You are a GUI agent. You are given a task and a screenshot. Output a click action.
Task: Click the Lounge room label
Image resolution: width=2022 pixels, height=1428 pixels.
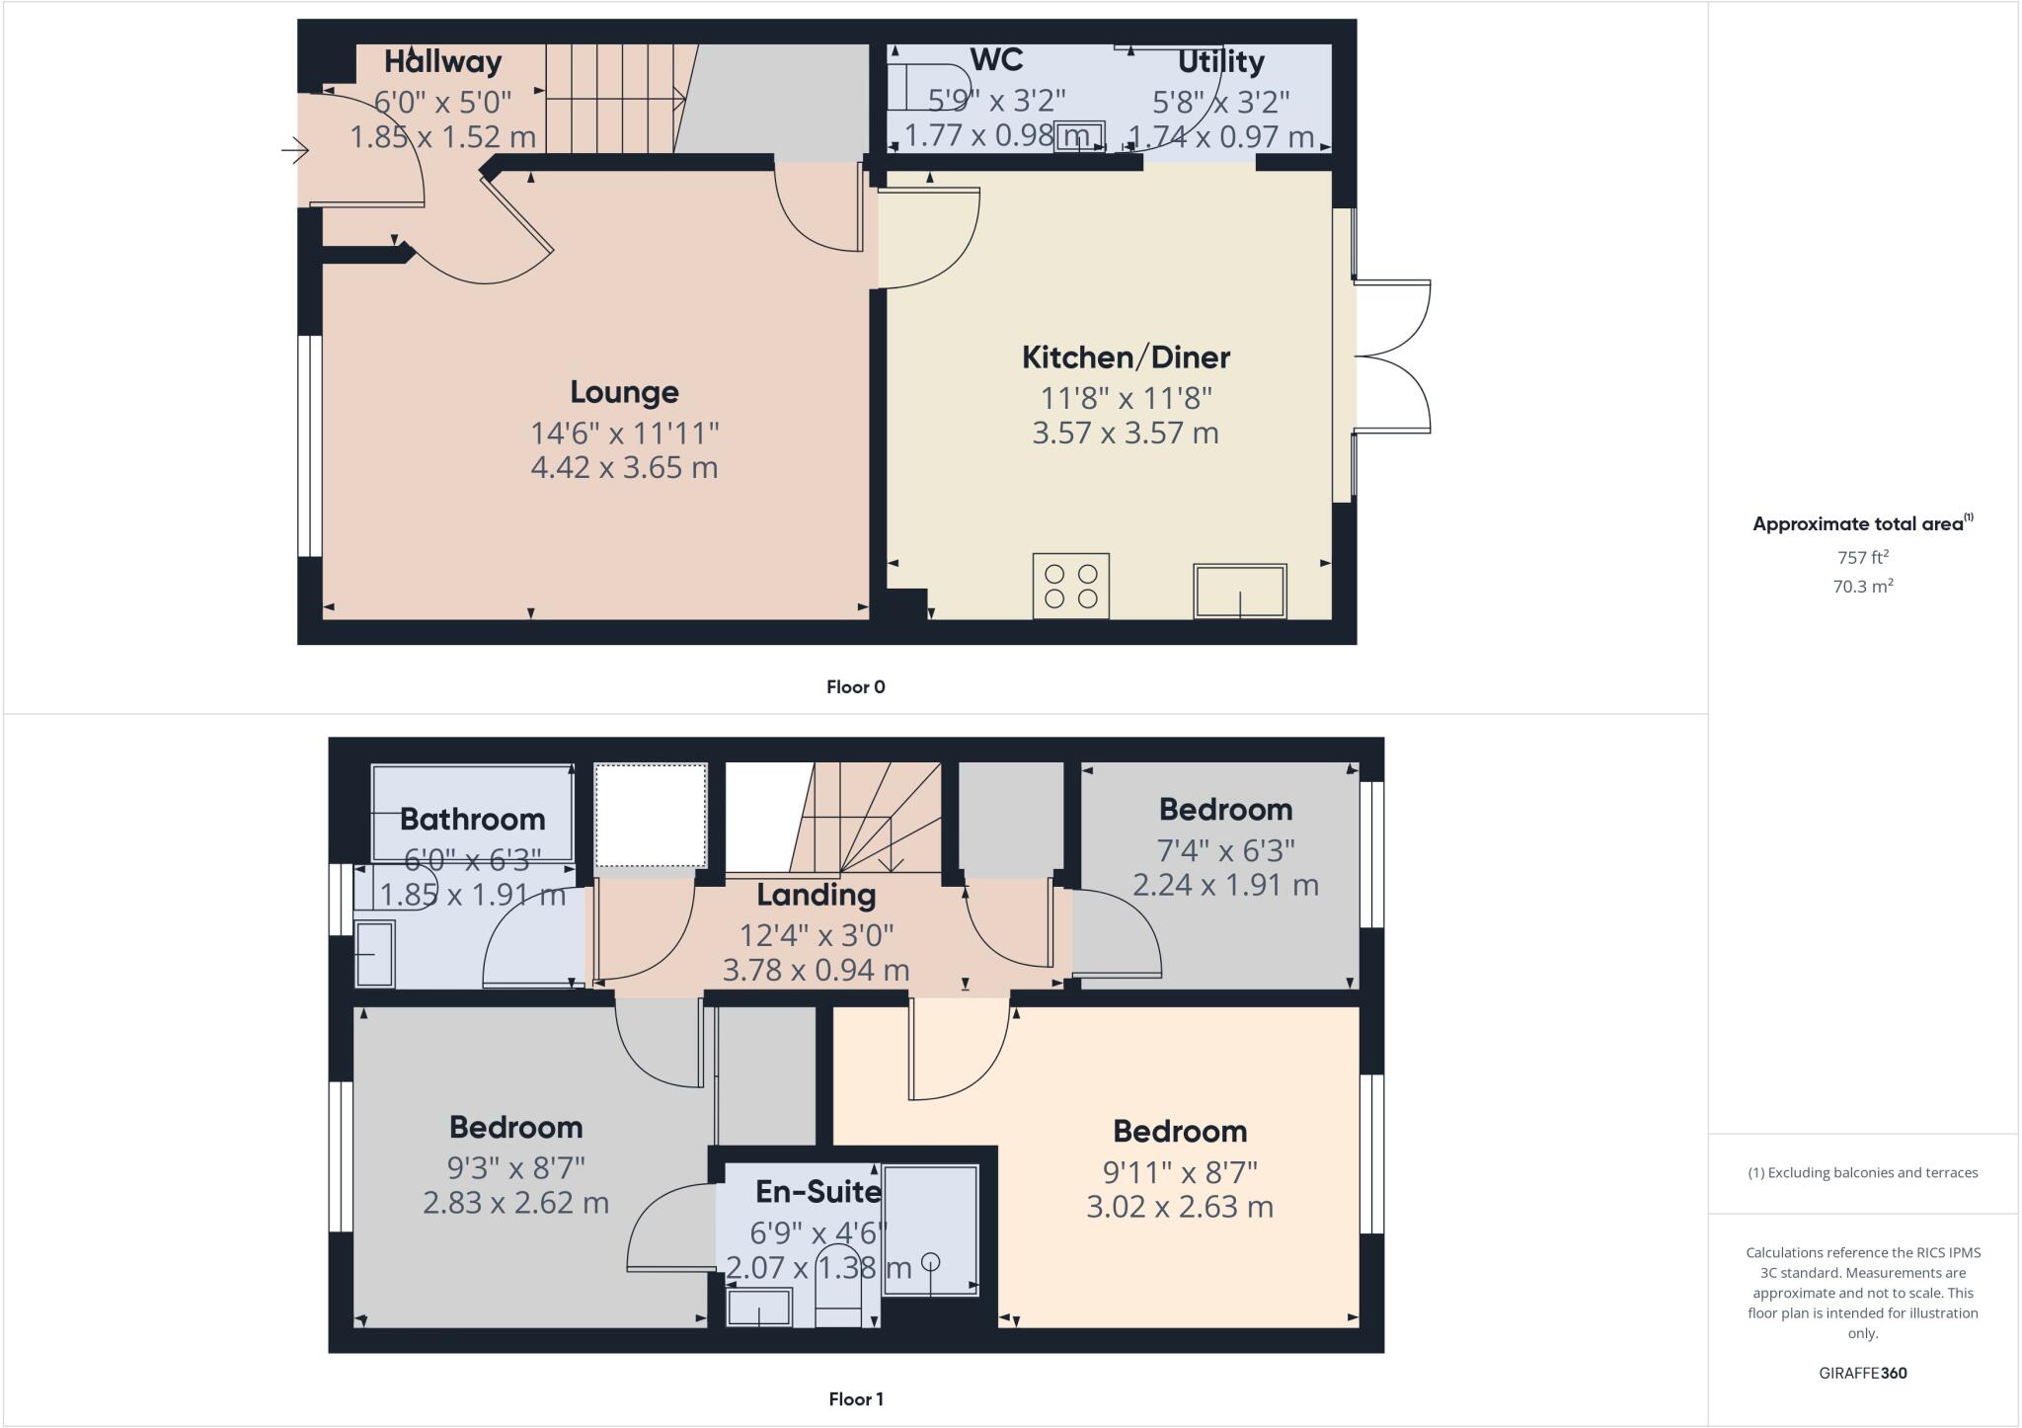(x=624, y=393)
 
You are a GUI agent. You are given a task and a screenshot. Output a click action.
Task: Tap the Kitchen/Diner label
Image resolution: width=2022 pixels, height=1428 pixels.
(x=1126, y=357)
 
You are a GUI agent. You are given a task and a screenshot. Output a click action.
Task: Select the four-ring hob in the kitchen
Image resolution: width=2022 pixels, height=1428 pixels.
(x=1070, y=586)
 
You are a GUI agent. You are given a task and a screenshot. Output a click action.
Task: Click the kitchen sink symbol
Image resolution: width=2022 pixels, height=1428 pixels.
(x=1239, y=591)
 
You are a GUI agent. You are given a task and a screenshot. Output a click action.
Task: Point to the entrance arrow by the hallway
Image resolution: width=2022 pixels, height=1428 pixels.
(x=294, y=151)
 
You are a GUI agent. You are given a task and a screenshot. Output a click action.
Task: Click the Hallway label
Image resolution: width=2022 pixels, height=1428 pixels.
(x=442, y=62)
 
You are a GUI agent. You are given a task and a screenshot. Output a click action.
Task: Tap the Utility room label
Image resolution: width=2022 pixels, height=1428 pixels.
(x=1220, y=62)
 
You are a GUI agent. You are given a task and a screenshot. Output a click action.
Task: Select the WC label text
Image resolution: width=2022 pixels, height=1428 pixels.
(x=996, y=60)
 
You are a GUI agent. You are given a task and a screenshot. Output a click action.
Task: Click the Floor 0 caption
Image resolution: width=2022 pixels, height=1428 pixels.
(x=855, y=687)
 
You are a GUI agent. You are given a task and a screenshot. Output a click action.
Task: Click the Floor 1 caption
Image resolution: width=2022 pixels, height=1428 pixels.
(x=855, y=1399)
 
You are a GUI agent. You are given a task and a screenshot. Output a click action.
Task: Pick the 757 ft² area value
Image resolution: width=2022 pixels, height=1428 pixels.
(x=1862, y=558)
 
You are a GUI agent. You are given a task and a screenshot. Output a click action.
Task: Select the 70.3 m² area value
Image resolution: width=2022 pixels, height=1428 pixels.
(x=1862, y=587)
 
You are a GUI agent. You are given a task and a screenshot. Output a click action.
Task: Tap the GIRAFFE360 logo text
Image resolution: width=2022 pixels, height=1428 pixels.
(x=1862, y=1373)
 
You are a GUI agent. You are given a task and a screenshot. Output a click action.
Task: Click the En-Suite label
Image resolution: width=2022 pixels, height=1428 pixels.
(x=817, y=1192)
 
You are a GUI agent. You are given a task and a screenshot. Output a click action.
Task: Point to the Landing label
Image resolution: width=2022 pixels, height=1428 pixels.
(x=816, y=896)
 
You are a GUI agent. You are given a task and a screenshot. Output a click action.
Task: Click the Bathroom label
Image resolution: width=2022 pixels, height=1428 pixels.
(x=472, y=820)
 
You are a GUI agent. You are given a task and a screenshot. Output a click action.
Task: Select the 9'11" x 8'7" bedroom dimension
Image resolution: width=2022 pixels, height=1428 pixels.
(x=1180, y=1172)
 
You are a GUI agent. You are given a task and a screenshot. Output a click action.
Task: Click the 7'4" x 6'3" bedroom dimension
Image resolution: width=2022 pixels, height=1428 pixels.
(x=1225, y=850)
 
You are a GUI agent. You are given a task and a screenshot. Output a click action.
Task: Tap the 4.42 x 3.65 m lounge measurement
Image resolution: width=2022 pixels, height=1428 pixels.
(x=624, y=467)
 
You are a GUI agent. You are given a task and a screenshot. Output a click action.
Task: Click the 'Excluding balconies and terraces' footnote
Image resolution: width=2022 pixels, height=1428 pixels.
(x=1862, y=1173)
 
